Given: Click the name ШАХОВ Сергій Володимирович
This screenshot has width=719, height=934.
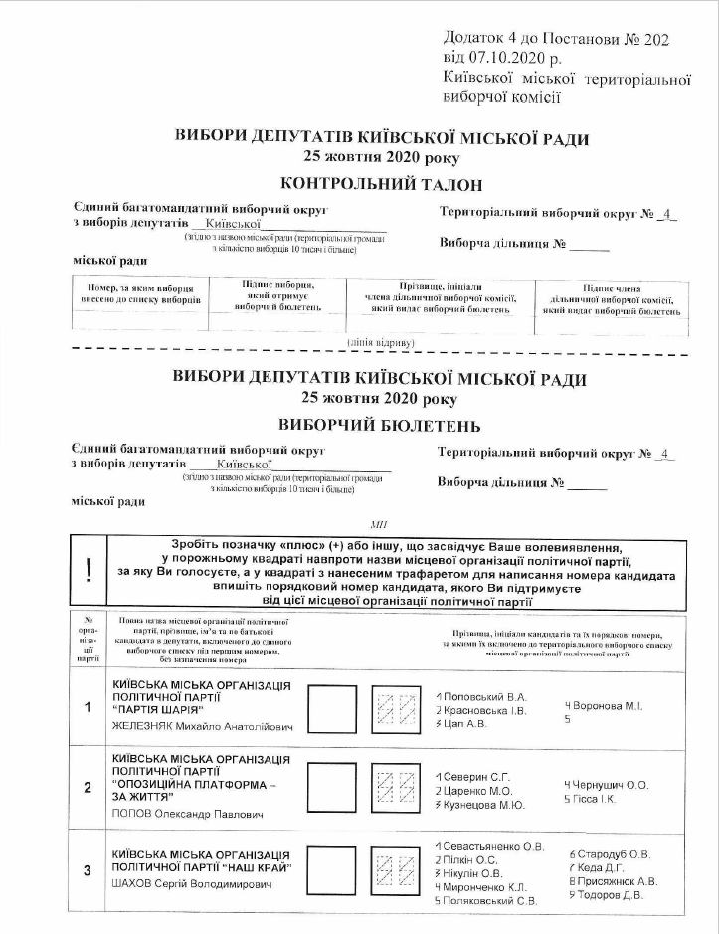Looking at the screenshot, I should click(x=192, y=883).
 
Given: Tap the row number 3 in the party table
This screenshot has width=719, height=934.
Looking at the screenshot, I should click(x=88, y=871).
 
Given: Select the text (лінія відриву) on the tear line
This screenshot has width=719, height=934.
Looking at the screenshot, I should click(x=381, y=342).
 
